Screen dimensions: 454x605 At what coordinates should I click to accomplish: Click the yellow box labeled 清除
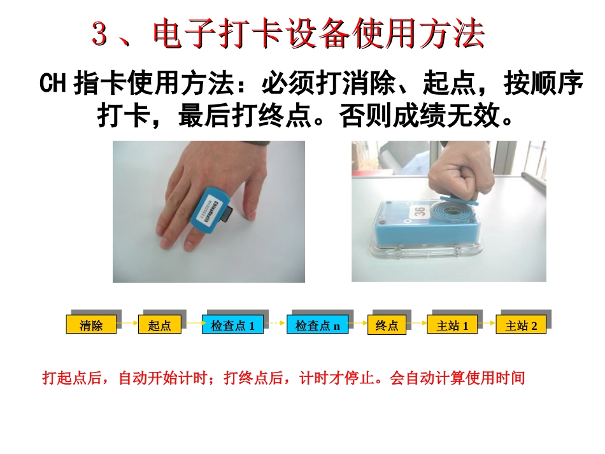tap(91, 325)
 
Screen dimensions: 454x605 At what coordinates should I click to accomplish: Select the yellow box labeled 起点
tap(159, 325)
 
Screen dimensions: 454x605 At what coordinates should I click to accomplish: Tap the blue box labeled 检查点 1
tap(232, 325)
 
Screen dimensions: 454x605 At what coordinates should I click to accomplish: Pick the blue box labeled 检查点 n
tap(317, 325)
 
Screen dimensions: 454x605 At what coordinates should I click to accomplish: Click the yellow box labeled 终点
tap(387, 325)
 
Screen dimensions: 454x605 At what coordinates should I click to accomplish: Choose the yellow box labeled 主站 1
tap(452, 325)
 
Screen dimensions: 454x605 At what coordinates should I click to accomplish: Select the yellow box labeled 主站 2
tap(520, 325)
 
